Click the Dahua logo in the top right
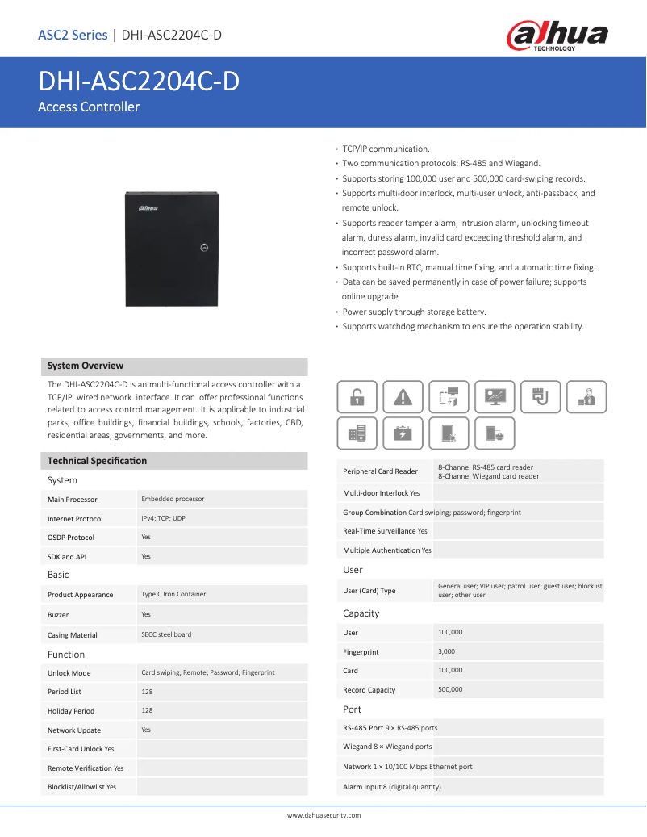coord(557,36)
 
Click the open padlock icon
coord(357,396)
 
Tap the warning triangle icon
coord(403,396)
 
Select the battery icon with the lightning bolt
coord(403,433)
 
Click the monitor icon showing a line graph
coord(495,396)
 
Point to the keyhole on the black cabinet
coord(205,248)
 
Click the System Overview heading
coord(86,366)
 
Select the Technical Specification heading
coord(97,461)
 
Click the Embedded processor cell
coord(173,499)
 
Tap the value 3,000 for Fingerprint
coord(446,651)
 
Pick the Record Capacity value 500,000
coord(450,689)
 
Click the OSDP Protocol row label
coord(71,538)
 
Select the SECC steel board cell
coord(166,634)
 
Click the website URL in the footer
coord(323,815)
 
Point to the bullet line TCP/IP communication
coord(386,149)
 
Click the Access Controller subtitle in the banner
coord(89,107)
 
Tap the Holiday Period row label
coord(71,711)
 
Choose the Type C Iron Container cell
coord(173,594)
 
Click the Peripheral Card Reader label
coord(380,471)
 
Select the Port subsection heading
coord(352,709)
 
